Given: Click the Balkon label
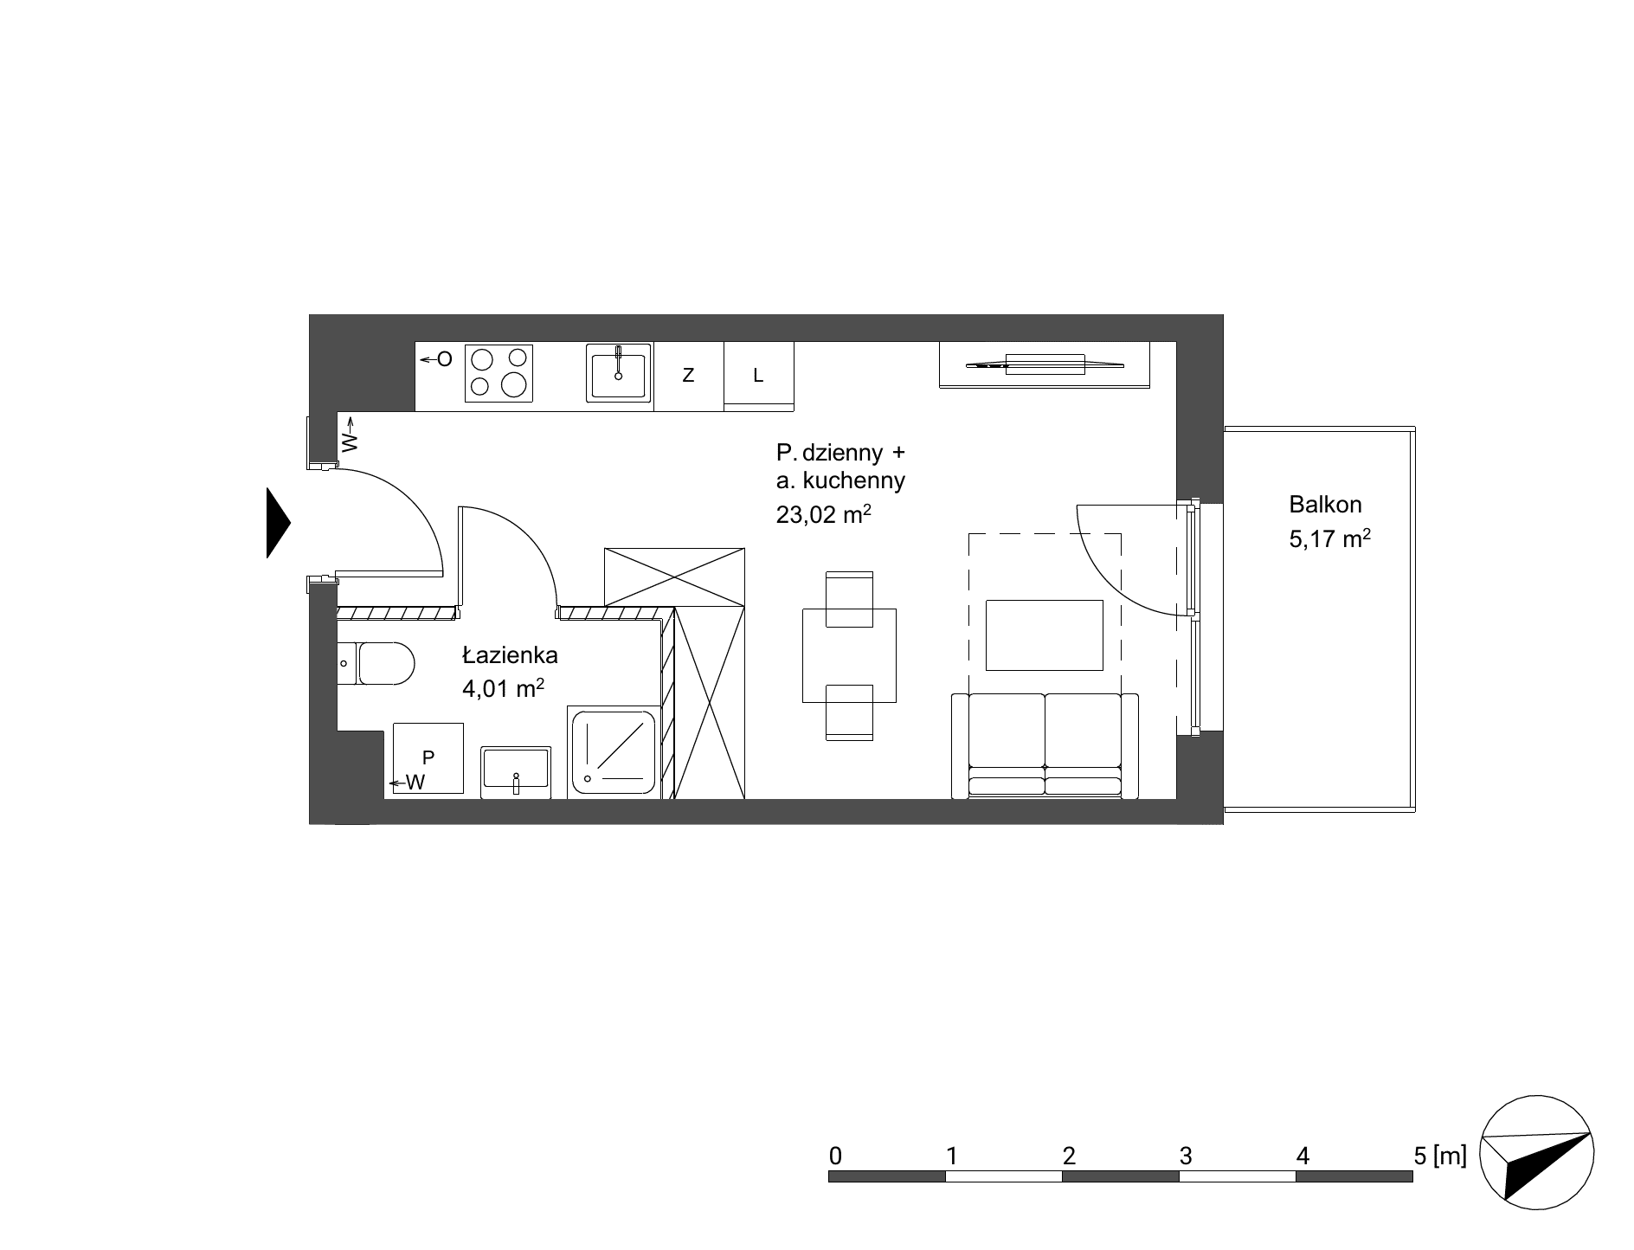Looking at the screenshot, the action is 1325,504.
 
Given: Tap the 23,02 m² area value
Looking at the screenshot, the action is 823,515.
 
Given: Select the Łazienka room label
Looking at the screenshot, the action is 510,655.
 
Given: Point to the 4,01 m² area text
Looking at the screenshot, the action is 503,688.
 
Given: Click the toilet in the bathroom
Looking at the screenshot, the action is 376,664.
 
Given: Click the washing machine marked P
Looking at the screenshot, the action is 428,758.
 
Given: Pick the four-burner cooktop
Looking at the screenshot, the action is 499,374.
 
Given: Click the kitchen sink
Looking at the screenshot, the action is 618,373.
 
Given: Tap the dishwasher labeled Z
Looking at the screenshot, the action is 689,376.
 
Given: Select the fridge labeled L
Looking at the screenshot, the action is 759,376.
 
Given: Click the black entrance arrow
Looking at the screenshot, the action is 277,523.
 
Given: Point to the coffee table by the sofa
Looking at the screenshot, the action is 1045,635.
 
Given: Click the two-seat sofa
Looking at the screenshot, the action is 1045,745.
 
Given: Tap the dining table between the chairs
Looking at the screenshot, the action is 849,655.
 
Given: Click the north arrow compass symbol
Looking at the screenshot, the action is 1537,1154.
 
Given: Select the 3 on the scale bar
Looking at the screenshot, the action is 1185,1156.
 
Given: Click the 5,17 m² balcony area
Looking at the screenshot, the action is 1330,538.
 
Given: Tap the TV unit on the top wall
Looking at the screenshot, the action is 1045,364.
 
